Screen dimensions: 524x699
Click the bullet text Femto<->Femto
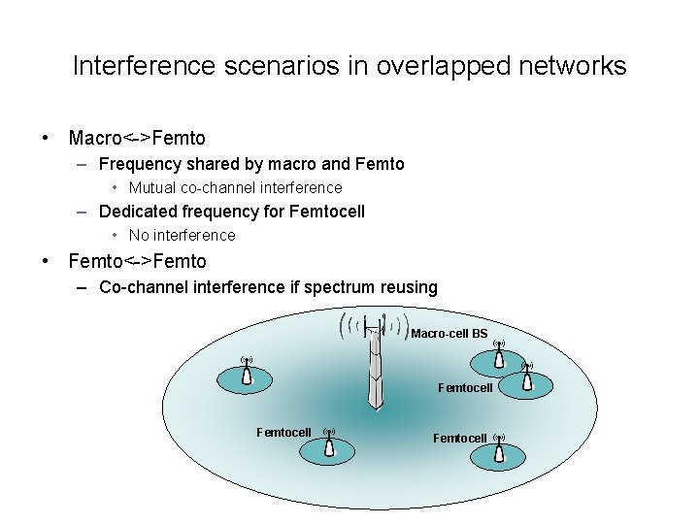(137, 261)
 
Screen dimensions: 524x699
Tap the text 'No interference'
(182, 235)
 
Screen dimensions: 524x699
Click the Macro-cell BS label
(449, 334)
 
